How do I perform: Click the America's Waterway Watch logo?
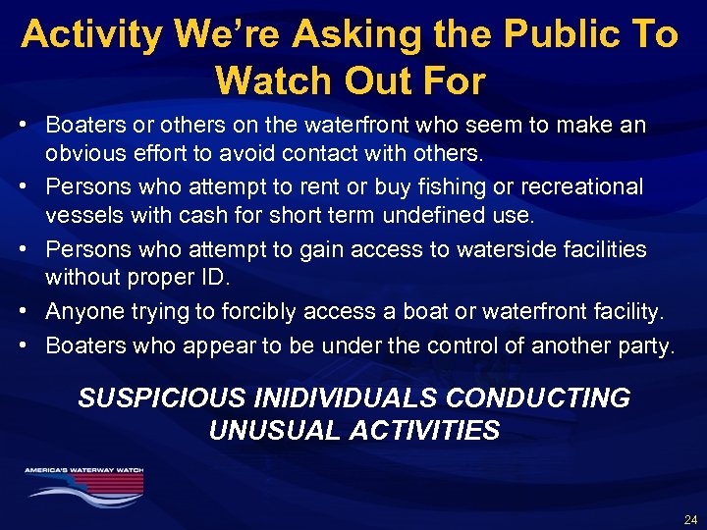pos(84,482)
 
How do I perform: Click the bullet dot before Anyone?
pos(32,311)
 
